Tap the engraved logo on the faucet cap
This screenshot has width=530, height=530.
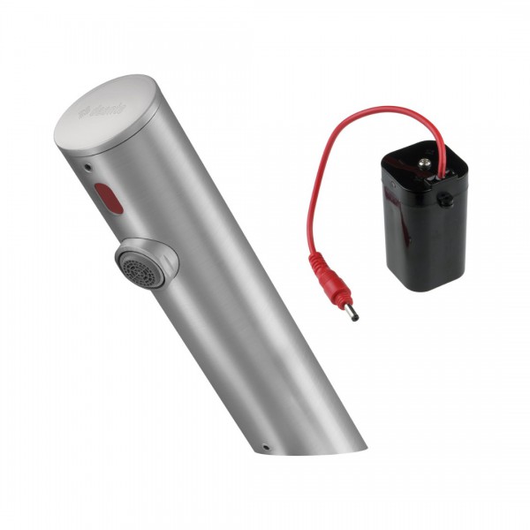[x=104, y=112]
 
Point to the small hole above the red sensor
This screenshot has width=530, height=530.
[x=87, y=165]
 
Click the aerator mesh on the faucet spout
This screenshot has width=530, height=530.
[x=132, y=265]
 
